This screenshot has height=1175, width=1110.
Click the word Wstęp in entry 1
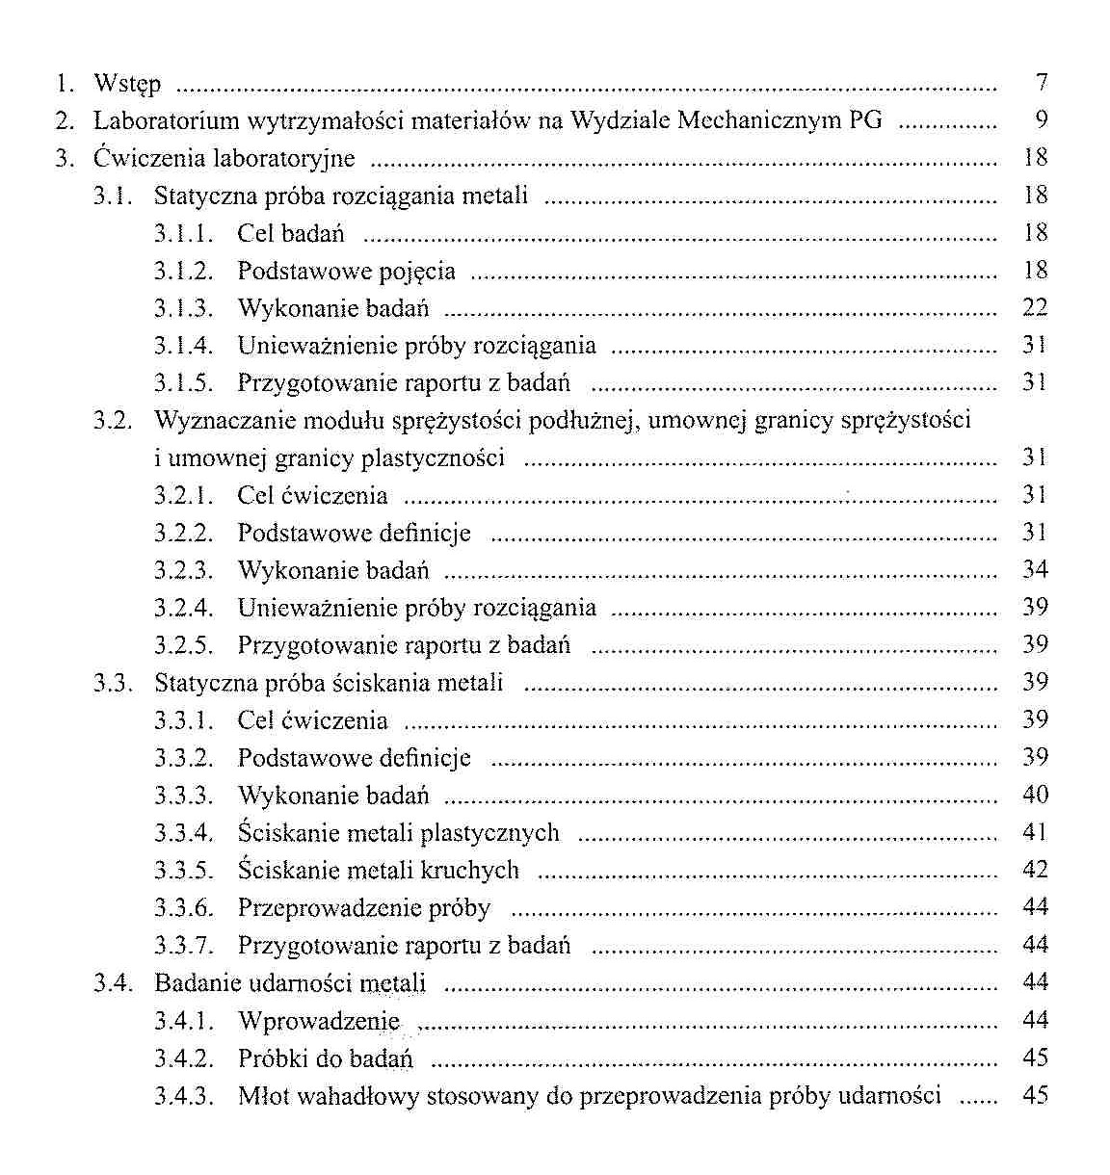pyautogui.click(x=127, y=85)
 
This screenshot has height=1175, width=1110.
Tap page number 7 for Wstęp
pyautogui.click(x=1041, y=83)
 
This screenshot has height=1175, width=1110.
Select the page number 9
pyautogui.click(x=1041, y=120)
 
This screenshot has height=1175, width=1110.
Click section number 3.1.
pyautogui.click(x=112, y=196)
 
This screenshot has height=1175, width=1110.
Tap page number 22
pyautogui.click(x=1034, y=308)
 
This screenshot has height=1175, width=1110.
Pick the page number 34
pyautogui.click(x=1034, y=570)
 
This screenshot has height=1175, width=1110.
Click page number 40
pyautogui.click(x=1034, y=796)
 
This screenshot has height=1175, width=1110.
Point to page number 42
pyautogui.click(x=1034, y=871)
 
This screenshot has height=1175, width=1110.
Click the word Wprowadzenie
pyautogui.click(x=318, y=1021)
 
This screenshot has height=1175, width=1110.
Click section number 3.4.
pyautogui.click(x=112, y=983)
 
